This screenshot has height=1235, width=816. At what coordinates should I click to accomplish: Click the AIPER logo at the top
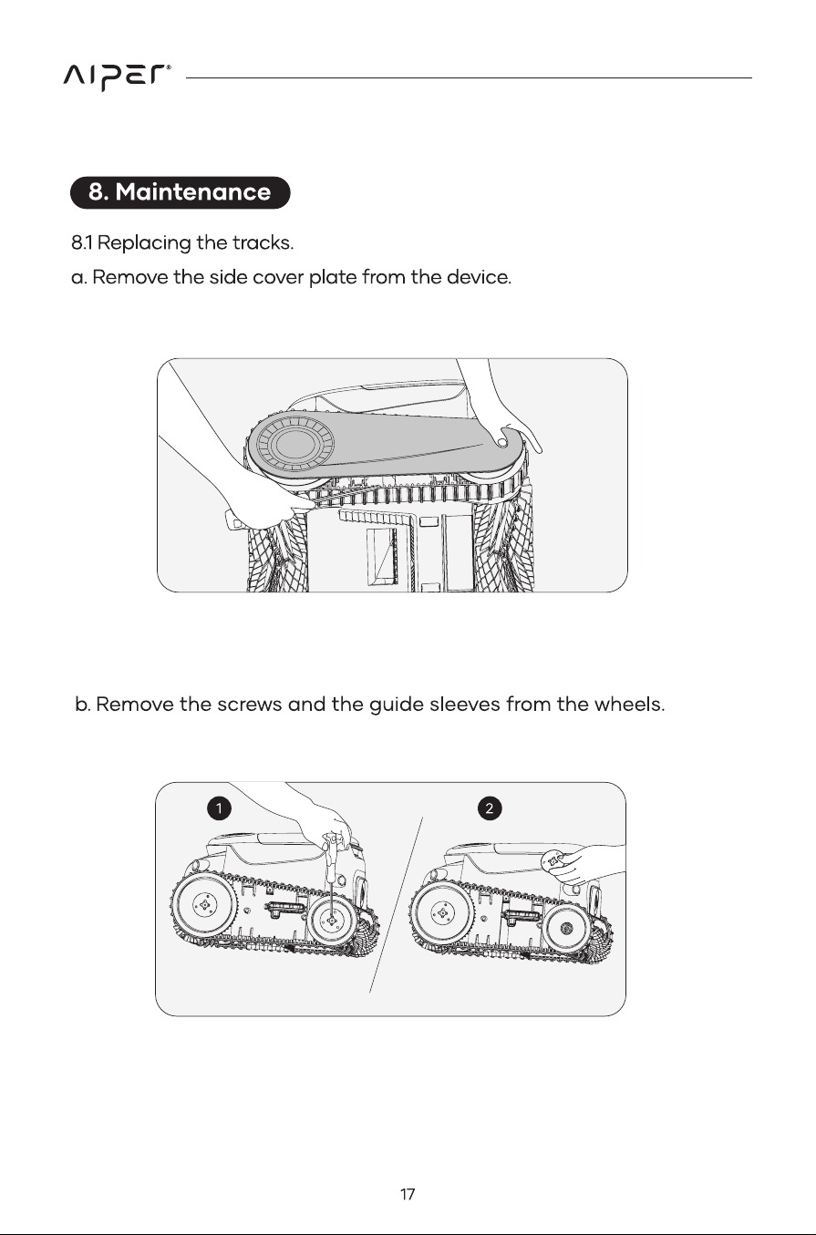117,77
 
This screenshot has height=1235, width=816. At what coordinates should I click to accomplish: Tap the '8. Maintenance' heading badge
181,192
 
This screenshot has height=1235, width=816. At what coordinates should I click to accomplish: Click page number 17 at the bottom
408,1194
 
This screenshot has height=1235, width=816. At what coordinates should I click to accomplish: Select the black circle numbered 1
219,808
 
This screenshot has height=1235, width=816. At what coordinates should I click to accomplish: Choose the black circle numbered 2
490,808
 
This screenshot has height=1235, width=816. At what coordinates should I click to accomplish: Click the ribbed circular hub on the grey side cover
295,444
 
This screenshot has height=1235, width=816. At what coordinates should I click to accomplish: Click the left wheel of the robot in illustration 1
204,906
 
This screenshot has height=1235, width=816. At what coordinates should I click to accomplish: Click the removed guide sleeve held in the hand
554,859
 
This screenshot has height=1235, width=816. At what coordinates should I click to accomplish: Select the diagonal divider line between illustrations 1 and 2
396,905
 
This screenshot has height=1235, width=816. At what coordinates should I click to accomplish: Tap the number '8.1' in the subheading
82,243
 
